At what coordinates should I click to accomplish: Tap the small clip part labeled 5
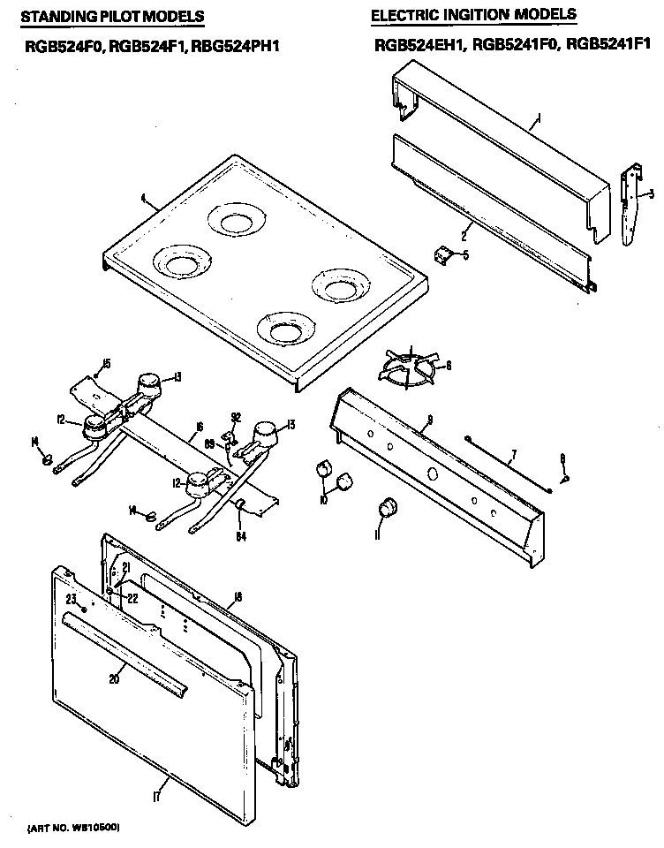(444, 255)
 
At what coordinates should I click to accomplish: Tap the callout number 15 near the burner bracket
(105, 363)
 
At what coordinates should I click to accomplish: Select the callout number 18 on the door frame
(238, 598)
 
